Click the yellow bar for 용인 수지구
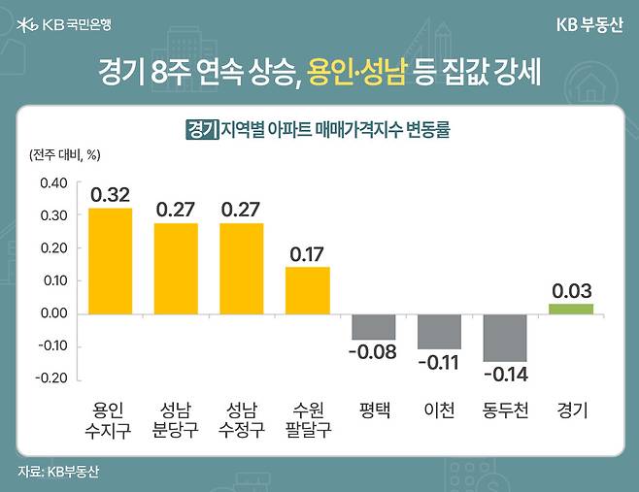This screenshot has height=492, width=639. point(110,260)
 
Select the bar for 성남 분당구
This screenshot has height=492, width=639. point(176,268)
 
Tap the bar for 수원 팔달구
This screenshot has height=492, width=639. point(307,289)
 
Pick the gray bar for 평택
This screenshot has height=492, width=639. point(373,326)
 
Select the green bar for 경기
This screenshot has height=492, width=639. point(570,309)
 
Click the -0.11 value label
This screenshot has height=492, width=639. point(439,363)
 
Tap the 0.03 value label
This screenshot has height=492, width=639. point(571,290)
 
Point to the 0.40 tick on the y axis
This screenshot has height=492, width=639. point(53,182)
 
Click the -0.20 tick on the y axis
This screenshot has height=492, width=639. point(51,378)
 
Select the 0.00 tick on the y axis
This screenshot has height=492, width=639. point(53,313)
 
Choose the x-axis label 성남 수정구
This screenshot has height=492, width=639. point(241,419)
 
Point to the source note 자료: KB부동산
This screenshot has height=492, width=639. point(58,472)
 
